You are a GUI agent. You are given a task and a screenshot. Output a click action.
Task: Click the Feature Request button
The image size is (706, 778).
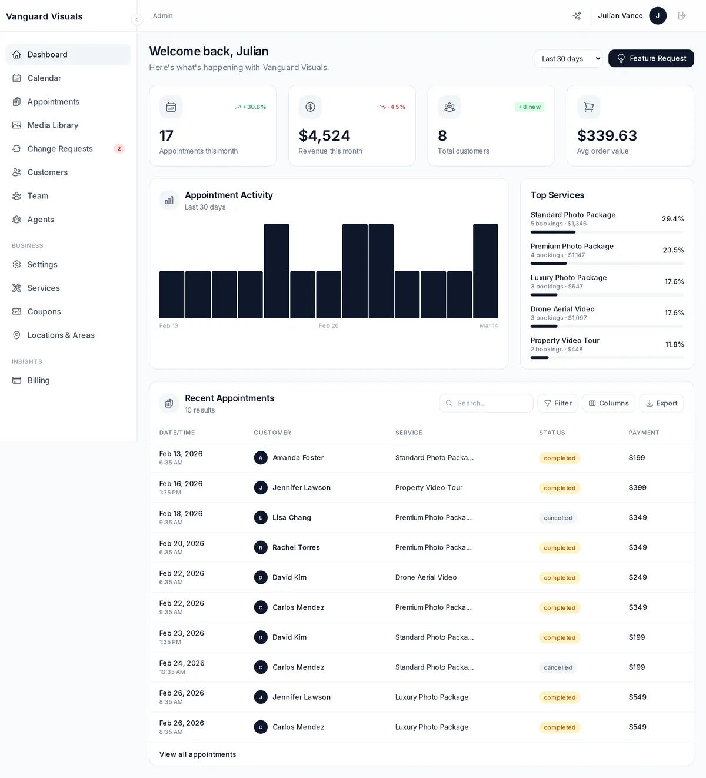pos(651,58)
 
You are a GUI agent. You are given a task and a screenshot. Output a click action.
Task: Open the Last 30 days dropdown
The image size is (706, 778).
pos(568,58)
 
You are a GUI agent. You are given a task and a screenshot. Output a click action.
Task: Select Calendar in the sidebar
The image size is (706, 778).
pos(44,78)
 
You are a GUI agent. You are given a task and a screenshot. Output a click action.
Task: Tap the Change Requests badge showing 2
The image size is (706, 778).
pos(119,149)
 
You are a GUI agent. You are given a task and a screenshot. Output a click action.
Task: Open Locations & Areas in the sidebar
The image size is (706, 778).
pos(61,335)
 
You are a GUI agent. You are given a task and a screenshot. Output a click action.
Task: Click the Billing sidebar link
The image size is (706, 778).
pos(38,381)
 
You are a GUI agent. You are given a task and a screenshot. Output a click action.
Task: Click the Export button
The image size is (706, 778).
pos(661,403)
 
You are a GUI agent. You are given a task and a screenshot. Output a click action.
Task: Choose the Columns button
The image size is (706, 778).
pos(608,403)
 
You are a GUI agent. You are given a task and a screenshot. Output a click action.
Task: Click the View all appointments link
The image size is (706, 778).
pos(198,754)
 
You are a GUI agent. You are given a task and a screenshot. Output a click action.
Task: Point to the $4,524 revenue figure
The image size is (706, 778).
pos(324,136)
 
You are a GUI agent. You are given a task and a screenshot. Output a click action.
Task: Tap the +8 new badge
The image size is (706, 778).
pos(529,107)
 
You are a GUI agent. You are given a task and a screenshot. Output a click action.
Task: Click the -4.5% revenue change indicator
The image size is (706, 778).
pos(392,107)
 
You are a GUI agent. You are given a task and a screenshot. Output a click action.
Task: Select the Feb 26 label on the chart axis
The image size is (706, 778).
pos(328,326)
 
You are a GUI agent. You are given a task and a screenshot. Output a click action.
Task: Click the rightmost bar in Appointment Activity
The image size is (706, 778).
pos(485,271)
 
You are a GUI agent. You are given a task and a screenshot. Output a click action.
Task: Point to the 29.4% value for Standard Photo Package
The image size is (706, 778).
pos(672,219)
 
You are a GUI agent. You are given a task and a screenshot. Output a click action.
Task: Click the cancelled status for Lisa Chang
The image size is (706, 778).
pos(558,518)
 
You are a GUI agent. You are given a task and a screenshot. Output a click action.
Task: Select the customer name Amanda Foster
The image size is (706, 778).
pos(298,458)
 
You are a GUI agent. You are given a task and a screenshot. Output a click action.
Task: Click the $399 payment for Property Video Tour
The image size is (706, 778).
pos(637,488)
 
